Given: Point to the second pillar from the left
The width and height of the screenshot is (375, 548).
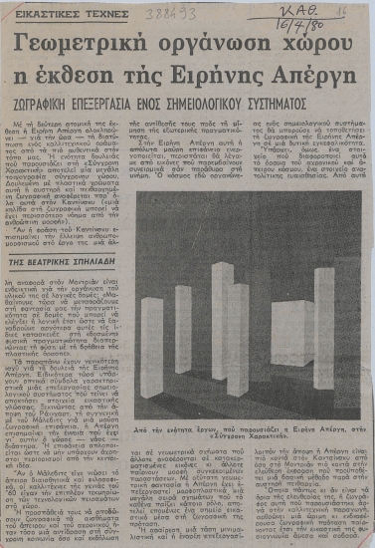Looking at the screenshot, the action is click(184, 329).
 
